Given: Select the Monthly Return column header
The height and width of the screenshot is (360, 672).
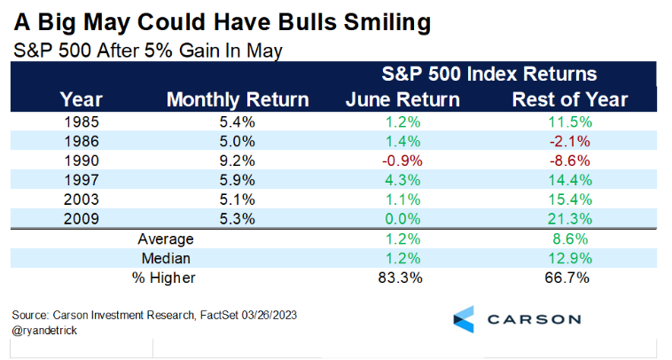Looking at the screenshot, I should point(238,99).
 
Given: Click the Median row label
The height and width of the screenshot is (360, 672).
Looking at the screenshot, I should point(164,258).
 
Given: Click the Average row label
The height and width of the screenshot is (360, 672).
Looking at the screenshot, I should point(164,239).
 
